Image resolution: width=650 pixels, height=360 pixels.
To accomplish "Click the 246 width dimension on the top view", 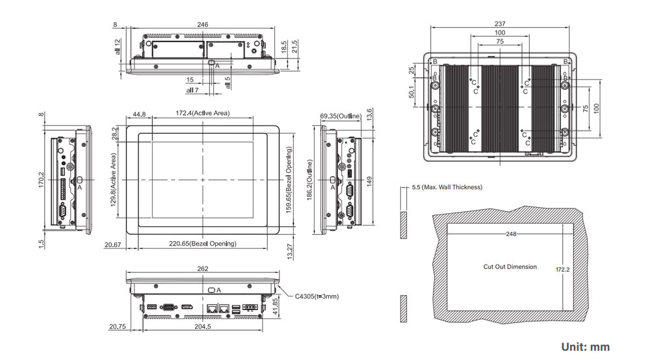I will pos(203,24).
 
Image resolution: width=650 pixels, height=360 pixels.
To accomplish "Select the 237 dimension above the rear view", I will pos(499,24).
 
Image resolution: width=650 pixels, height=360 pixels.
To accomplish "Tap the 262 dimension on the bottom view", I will pos(203,268).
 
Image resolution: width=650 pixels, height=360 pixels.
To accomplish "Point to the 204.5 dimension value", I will pos(203,326).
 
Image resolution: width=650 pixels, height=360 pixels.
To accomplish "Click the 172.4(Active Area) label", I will pos(203,113).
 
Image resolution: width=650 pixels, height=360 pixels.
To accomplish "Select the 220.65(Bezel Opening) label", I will pos(203,244).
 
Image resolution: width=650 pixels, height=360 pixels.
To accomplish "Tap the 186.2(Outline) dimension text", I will pos(310,187).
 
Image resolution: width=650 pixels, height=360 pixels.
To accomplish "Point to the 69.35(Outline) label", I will pos(340,116).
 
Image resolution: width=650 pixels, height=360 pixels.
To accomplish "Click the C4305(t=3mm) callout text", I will pos(317,296).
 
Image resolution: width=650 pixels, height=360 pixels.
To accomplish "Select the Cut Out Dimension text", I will pos(510,267).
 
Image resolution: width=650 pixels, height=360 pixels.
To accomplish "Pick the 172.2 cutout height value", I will pos(563,268).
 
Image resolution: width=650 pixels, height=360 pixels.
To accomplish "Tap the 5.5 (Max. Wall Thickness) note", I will pos(447,187).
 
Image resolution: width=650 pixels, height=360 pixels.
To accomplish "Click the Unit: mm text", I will pos(585,347).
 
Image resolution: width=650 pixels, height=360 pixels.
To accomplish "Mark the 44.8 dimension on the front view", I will pos(139,114).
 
